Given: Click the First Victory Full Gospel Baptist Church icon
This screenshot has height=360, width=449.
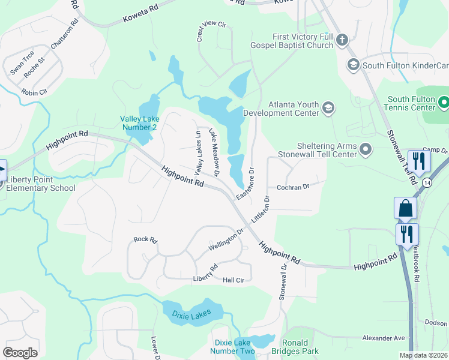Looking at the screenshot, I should [x=342, y=41].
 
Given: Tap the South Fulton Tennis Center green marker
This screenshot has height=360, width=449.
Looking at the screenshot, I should [x=444, y=103].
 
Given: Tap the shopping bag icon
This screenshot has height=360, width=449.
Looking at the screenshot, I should [x=405, y=208].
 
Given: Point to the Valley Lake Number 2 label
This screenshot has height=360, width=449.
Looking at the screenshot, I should [x=139, y=123].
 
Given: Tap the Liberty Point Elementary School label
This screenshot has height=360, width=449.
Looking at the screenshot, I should [x=38, y=184].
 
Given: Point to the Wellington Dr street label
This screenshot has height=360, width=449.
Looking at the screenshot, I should [x=226, y=240].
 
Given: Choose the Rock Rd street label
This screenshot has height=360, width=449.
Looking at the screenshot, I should [x=145, y=239].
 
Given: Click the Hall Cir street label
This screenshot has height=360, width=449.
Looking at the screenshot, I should [x=233, y=280].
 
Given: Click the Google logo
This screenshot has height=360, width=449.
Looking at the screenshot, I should [x=20, y=353].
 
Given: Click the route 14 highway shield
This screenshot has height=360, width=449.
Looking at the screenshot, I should [x=427, y=182].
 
